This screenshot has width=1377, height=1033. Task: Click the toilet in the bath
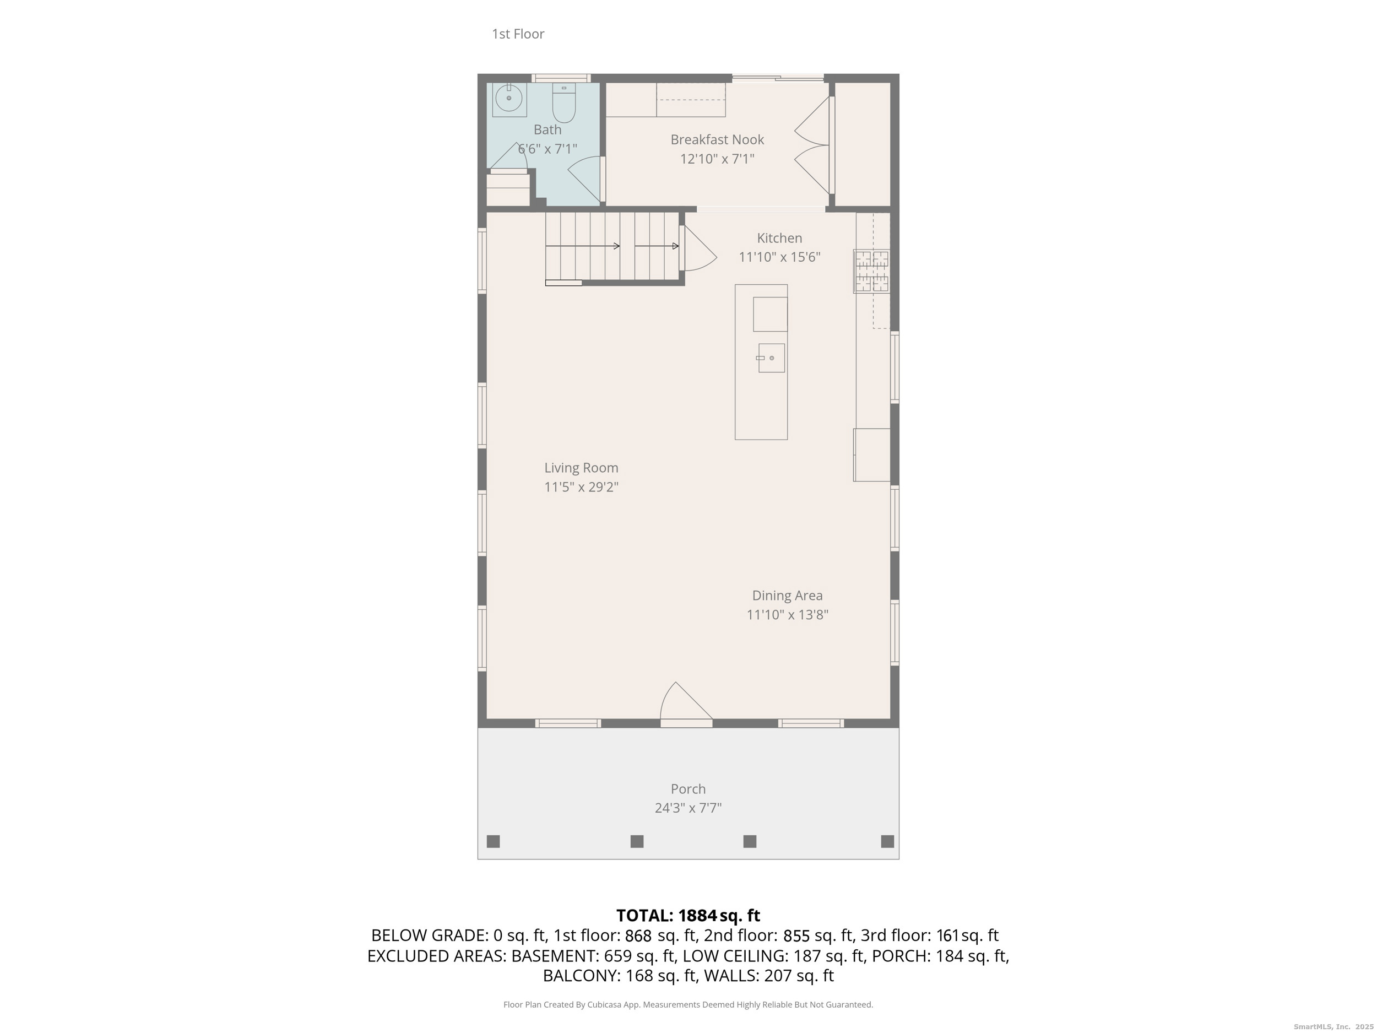point(564,104)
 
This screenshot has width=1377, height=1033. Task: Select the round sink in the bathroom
point(508,99)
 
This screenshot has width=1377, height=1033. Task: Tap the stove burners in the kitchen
point(871,271)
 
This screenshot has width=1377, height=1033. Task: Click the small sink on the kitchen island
point(771,358)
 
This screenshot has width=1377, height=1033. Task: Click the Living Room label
point(581,468)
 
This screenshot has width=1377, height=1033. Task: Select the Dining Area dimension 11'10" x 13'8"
point(787,615)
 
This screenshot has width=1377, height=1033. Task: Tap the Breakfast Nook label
point(717,139)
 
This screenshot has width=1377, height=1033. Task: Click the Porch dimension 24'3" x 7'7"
point(688,808)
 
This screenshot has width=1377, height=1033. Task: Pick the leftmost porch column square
point(493,841)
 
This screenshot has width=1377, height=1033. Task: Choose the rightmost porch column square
point(887,841)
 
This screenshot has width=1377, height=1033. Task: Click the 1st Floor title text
point(518,34)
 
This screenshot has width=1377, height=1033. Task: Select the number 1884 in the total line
point(697,915)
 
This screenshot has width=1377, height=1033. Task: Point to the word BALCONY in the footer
point(581,976)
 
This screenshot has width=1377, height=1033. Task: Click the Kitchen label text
point(779,238)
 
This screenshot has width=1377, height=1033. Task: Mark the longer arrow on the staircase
point(583,246)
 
